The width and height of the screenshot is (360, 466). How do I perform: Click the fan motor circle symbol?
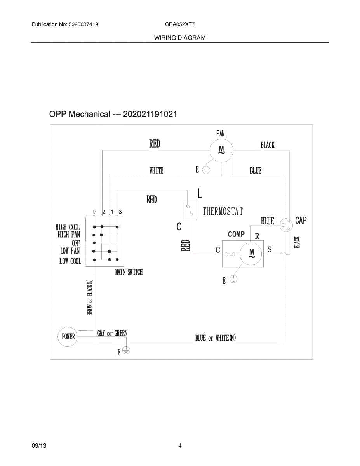click(221, 149)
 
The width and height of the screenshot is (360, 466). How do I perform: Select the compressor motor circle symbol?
click(250, 254)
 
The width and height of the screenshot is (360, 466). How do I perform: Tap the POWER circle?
click(68, 336)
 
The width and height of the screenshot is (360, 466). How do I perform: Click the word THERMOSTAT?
click(223, 211)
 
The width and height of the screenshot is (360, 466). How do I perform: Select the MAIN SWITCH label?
click(129, 272)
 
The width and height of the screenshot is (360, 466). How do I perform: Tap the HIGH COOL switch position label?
click(68, 227)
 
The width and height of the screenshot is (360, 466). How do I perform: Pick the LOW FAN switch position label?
click(70, 251)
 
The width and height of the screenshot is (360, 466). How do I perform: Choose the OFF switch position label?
click(76, 243)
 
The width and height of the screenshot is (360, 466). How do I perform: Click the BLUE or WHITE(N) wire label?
click(215, 338)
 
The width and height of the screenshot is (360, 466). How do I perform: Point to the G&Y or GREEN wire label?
click(112, 333)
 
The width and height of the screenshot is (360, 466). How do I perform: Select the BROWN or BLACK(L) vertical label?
click(90, 297)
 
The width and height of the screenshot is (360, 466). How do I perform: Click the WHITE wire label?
click(156, 170)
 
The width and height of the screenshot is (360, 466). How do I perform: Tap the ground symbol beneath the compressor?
click(233, 278)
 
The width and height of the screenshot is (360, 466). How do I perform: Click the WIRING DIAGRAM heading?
click(180, 38)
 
